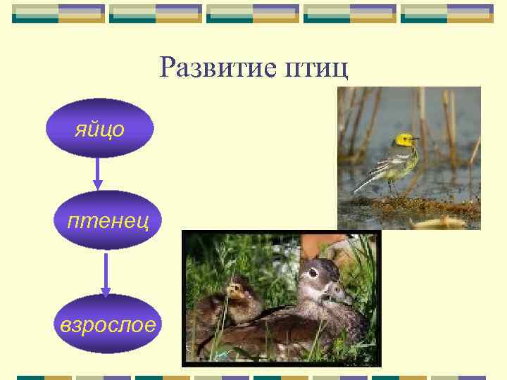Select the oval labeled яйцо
pyautogui.click(x=99, y=128)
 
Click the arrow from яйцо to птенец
pyautogui.click(x=98, y=173)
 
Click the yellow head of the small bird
pyautogui.click(x=403, y=140)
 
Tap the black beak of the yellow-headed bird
pyautogui.click(x=415, y=139)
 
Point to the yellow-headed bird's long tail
pyautogui.click(x=365, y=184)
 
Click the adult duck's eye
pyautogui.click(x=313, y=273)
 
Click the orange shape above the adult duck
pyautogui.click(x=320, y=244)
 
